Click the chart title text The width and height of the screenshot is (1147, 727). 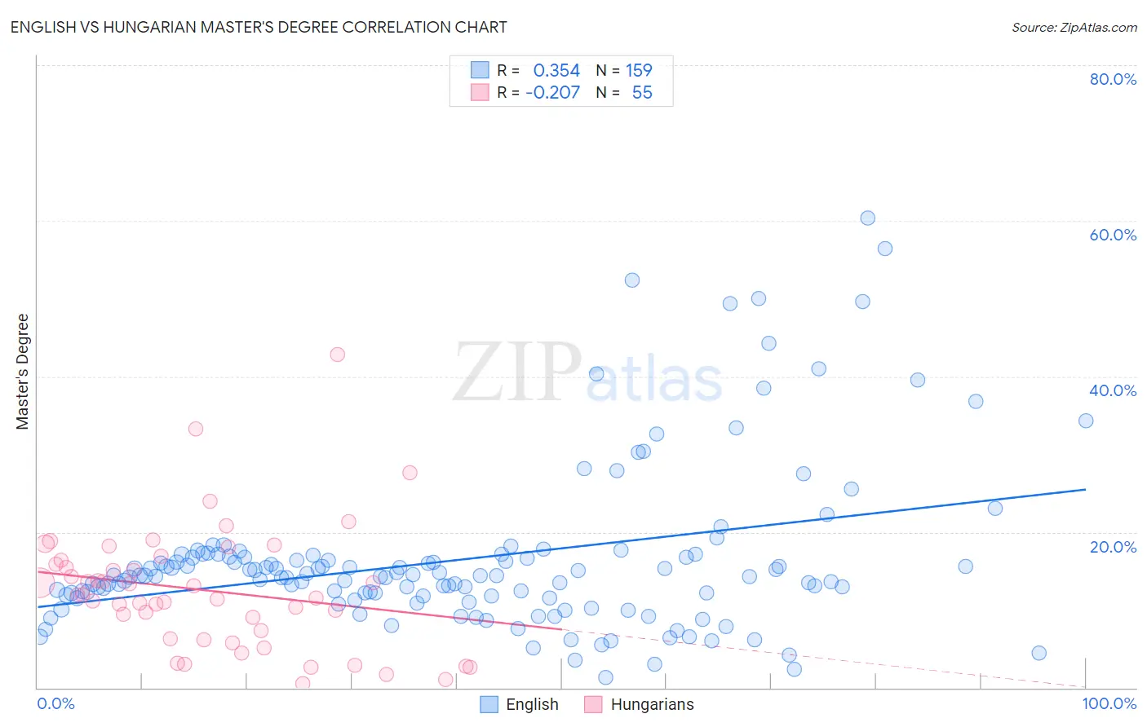point(259,27)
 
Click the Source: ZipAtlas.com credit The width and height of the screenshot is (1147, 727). point(1074,27)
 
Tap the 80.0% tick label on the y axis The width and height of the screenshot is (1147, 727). point(1113,79)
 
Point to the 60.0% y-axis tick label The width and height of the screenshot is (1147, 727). point(1113,235)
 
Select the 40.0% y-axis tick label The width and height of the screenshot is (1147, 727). point(1113,390)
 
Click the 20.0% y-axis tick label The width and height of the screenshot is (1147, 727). point(1113,546)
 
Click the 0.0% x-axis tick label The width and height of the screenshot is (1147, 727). point(55,703)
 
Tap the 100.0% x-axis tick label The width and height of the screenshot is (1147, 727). point(1109,703)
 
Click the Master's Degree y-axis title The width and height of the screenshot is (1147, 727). point(23,372)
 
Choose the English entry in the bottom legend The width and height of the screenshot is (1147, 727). point(532,704)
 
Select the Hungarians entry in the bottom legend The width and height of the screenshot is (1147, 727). point(652,704)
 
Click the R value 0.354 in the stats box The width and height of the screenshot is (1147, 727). point(556,71)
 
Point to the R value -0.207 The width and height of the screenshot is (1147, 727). point(552,93)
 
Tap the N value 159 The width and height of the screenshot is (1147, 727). point(639,71)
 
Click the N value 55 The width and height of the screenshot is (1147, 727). point(642,93)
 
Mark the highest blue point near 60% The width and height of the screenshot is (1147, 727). point(867,218)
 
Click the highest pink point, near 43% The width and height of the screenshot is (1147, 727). point(337,355)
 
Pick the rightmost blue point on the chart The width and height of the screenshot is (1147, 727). point(1086,421)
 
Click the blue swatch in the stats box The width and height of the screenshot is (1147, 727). point(480,70)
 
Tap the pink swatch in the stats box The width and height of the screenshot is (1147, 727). point(480,92)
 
